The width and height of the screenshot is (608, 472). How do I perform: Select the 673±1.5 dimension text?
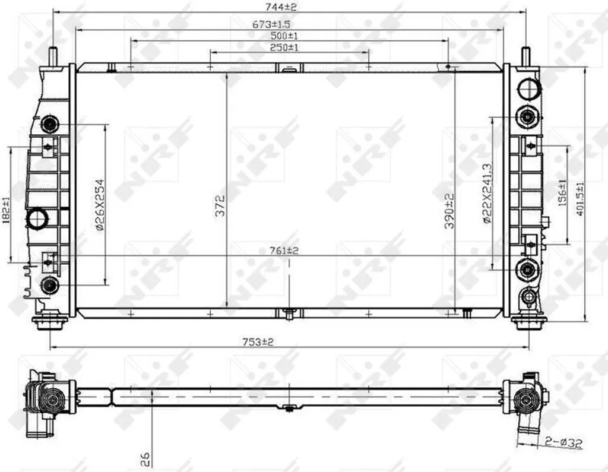pyautogui.click(x=271, y=24)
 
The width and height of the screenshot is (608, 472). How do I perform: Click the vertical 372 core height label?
pyautogui.click(x=220, y=205)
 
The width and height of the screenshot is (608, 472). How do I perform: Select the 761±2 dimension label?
pyautogui.click(x=284, y=251)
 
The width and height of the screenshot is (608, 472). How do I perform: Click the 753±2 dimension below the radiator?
pyautogui.click(x=258, y=342)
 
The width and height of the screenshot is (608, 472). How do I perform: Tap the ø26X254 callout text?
pyautogui.click(x=100, y=205)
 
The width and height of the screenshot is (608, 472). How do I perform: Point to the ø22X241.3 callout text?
pyautogui.click(x=487, y=194)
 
